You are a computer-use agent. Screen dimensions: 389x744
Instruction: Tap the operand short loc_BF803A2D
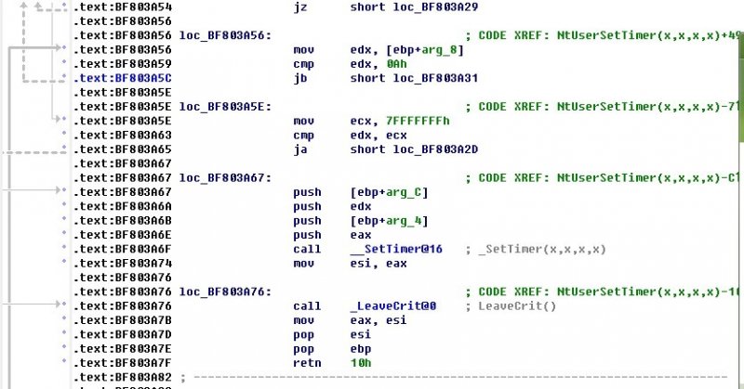pyautogui.click(x=407, y=149)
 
